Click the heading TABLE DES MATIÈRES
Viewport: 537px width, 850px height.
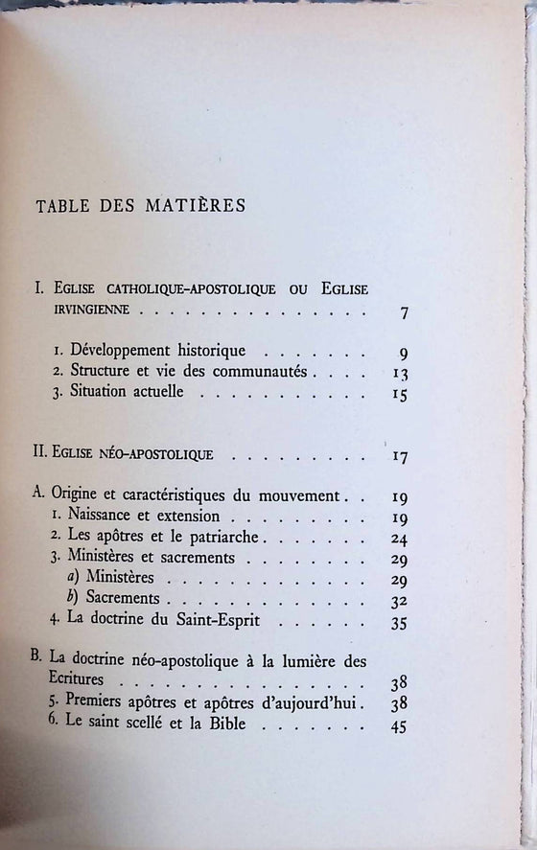point(140,205)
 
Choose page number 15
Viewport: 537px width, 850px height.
point(402,394)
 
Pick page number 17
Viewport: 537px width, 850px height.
point(402,456)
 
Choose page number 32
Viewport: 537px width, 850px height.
point(402,602)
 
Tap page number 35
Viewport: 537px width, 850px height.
point(402,624)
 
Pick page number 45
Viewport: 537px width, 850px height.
point(402,726)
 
